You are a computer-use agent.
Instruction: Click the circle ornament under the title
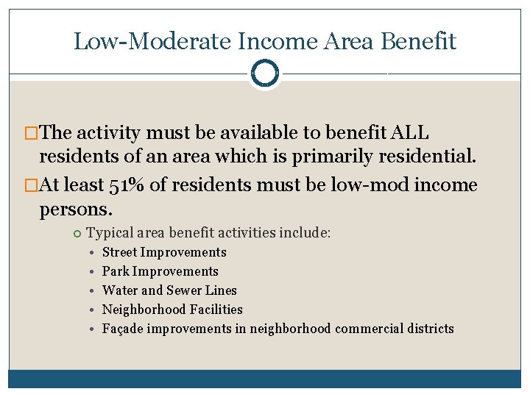265,74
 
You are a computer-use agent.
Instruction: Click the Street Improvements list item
164,252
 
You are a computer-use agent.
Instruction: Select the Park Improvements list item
160,271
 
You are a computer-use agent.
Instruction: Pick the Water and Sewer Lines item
169,290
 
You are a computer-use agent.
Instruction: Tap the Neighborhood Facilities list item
172,310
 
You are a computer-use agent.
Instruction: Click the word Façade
122,329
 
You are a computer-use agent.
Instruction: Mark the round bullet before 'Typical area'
78,234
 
